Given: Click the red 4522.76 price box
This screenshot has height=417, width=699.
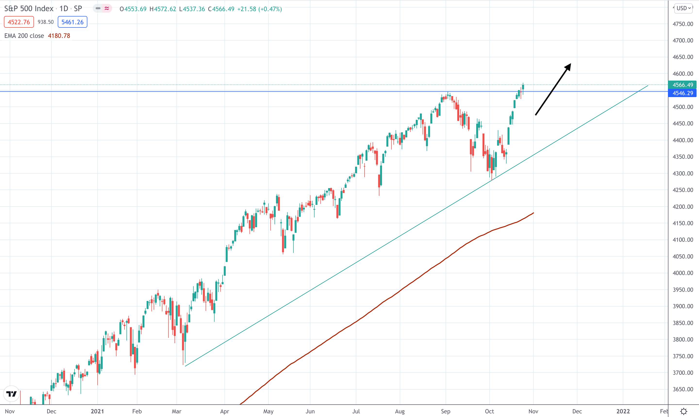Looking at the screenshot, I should pyautogui.click(x=19, y=22).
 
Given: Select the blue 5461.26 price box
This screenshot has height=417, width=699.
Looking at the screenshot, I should pyautogui.click(x=73, y=22).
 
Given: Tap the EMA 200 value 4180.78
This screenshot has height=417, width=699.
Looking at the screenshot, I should pyautogui.click(x=59, y=36).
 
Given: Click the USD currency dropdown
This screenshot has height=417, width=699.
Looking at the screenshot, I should pyautogui.click(x=683, y=8).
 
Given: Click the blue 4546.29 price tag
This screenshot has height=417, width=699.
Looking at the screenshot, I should pyautogui.click(x=683, y=93).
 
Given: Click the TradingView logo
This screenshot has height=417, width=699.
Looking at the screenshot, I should pyautogui.click(x=11, y=394).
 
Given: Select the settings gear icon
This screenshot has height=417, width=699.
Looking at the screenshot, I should pyautogui.click(x=683, y=411).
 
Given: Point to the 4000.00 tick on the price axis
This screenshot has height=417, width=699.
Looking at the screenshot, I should pyautogui.click(x=683, y=273).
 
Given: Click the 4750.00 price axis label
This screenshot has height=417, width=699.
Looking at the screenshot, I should pyautogui.click(x=683, y=24).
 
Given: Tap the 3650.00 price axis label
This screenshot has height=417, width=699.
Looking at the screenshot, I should pyautogui.click(x=683, y=389).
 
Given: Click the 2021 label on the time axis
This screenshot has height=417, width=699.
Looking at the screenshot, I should pyautogui.click(x=97, y=411).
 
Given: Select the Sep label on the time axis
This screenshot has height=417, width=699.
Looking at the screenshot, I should pyautogui.click(x=446, y=411).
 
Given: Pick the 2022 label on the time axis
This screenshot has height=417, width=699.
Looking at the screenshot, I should pyautogui.click(x=623, y=411).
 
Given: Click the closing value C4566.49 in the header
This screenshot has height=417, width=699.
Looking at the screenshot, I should pyautogui.click(x=221, y=9).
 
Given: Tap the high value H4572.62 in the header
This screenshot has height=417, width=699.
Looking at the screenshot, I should pyautogui.click(x=163, y=9).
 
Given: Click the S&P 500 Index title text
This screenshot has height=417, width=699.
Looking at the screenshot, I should pyautogui.click(x=29, y=8).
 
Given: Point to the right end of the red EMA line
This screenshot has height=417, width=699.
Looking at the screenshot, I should pyautogui.click(x=533, y=213).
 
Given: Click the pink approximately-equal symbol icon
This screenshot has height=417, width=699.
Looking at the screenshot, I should pyautogui.click(x=107, y=8).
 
